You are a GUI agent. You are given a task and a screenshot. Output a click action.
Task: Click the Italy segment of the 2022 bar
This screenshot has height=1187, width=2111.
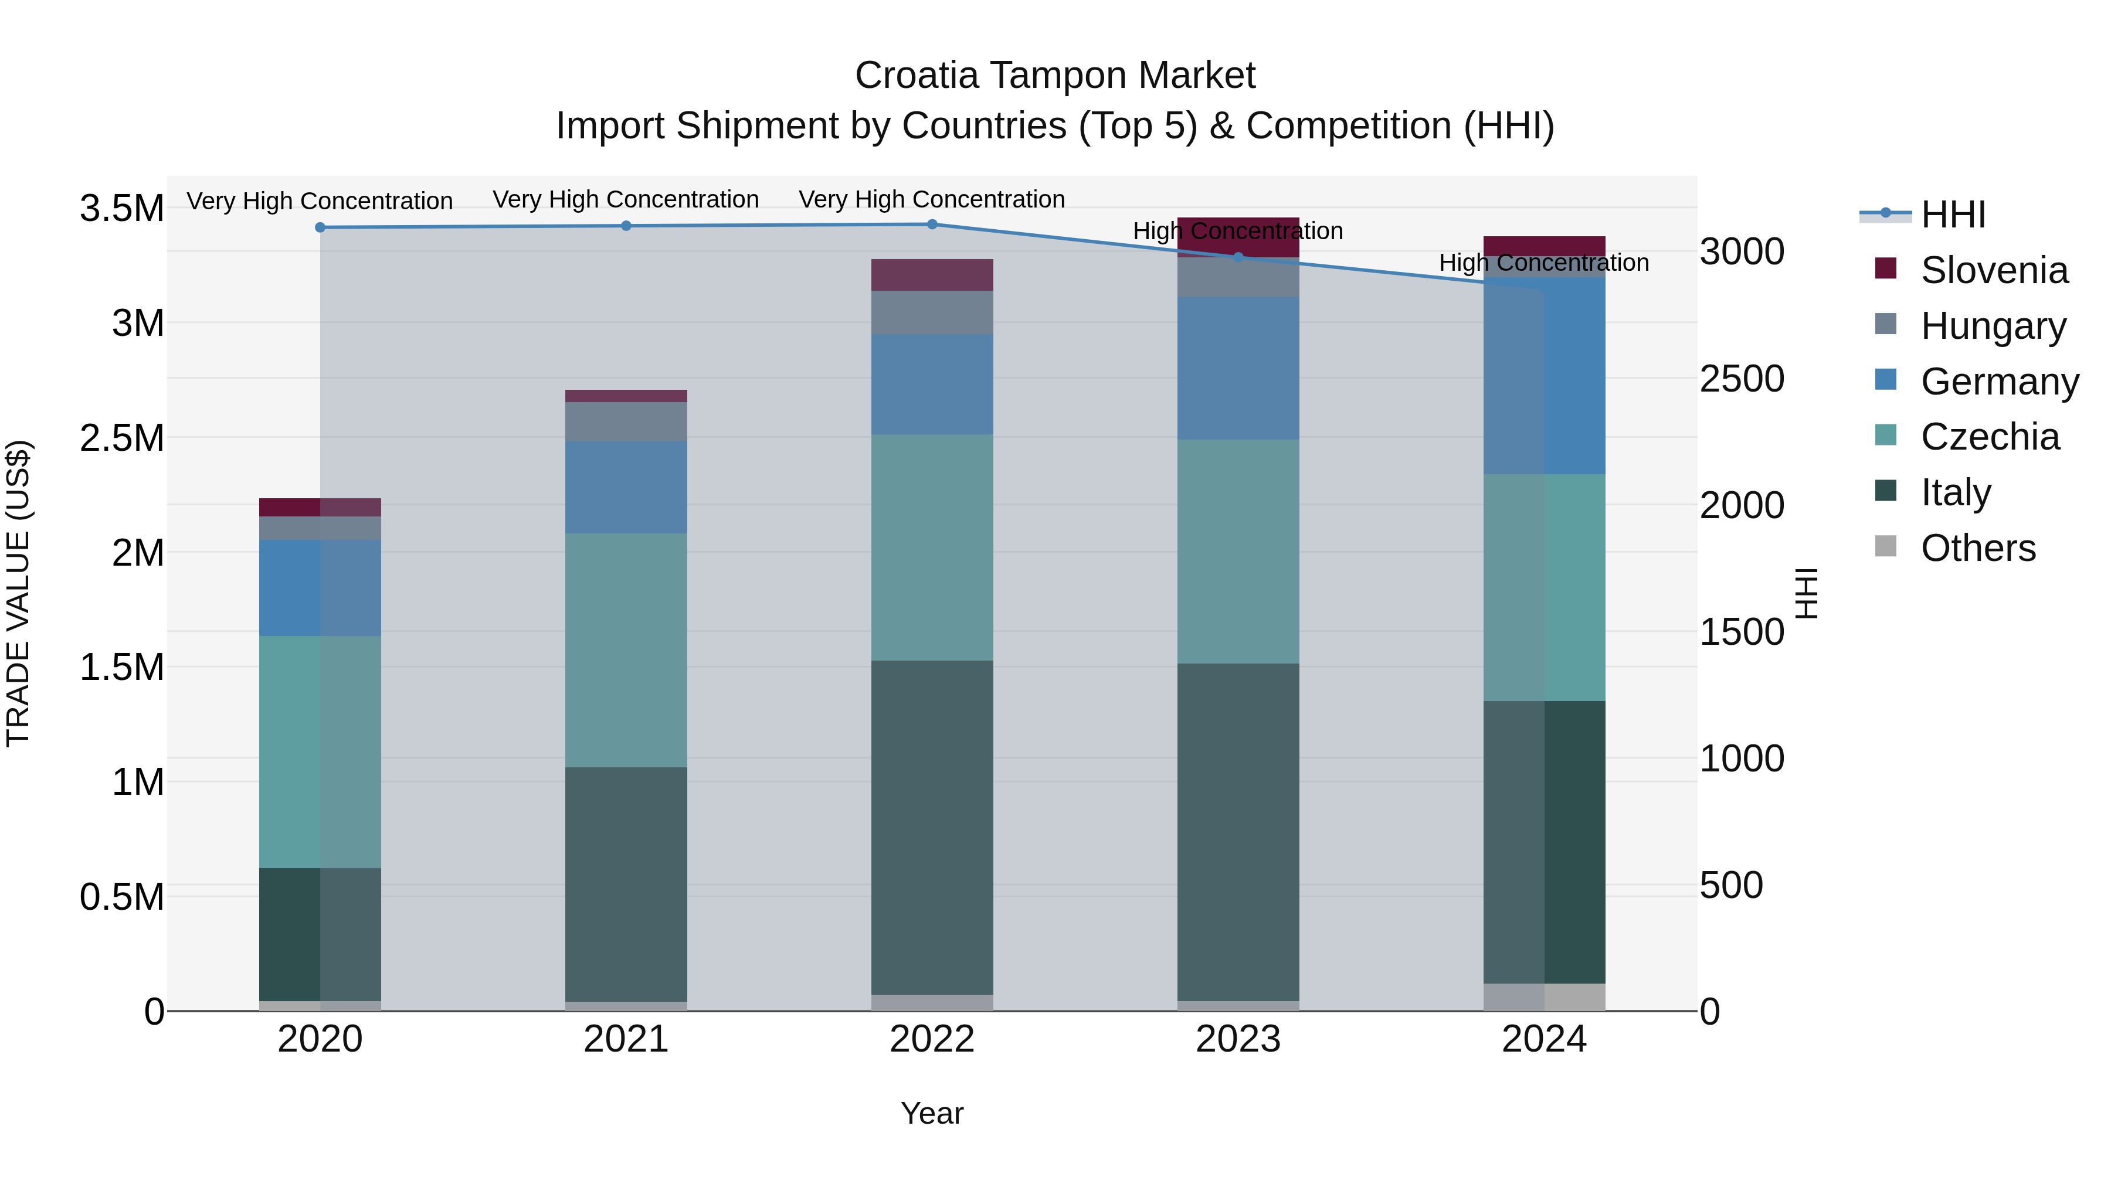pos(932,827)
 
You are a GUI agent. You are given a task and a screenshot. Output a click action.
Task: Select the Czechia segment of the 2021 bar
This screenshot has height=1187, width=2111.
pos(626,651)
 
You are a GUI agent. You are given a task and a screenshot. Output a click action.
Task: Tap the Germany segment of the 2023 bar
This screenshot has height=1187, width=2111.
pos(1238,369)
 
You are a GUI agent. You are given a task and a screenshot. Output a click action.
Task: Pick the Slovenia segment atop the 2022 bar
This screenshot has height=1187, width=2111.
pos(932,276)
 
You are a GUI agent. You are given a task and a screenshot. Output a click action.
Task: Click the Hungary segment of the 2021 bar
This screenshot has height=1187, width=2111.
pos(626,421)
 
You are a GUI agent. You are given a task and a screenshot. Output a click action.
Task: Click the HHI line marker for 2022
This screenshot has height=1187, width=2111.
pos(932,225)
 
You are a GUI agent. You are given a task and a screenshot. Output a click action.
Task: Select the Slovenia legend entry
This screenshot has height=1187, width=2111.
pos(1993,270)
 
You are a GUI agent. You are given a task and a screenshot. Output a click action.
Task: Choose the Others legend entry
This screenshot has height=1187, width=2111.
pos(1977,548)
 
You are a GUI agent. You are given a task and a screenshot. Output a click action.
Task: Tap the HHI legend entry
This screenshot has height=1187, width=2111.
pos(1952,215)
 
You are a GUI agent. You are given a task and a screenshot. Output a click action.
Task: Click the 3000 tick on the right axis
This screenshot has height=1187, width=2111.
pos(1742,251)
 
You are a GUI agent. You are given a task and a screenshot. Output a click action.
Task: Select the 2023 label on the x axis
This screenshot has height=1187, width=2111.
pos(1238,1039)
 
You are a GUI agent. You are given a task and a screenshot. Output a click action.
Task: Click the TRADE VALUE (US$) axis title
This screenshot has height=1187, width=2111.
pos(18,593)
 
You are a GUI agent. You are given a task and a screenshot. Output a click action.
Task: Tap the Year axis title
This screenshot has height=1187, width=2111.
pos(932,1113)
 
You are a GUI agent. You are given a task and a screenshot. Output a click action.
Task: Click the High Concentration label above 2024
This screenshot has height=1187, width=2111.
pos(1544,263)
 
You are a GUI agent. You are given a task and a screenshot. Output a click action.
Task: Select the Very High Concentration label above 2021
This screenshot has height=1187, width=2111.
pos(626,199)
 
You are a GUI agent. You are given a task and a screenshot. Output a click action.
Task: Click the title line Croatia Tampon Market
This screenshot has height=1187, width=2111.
pos(1055,76)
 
